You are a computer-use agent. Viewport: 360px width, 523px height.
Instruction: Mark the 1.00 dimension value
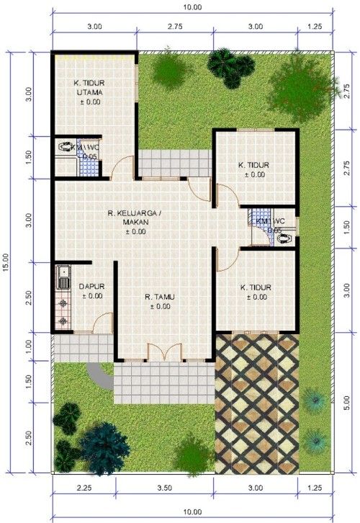[x=30, y=345]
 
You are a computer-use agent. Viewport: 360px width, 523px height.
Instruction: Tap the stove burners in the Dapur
[x=63, y=311]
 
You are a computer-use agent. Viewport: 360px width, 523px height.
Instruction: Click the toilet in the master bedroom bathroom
[x=69, y=147]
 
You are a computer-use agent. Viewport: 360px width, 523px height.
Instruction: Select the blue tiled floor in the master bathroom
[x=88, y=166]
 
